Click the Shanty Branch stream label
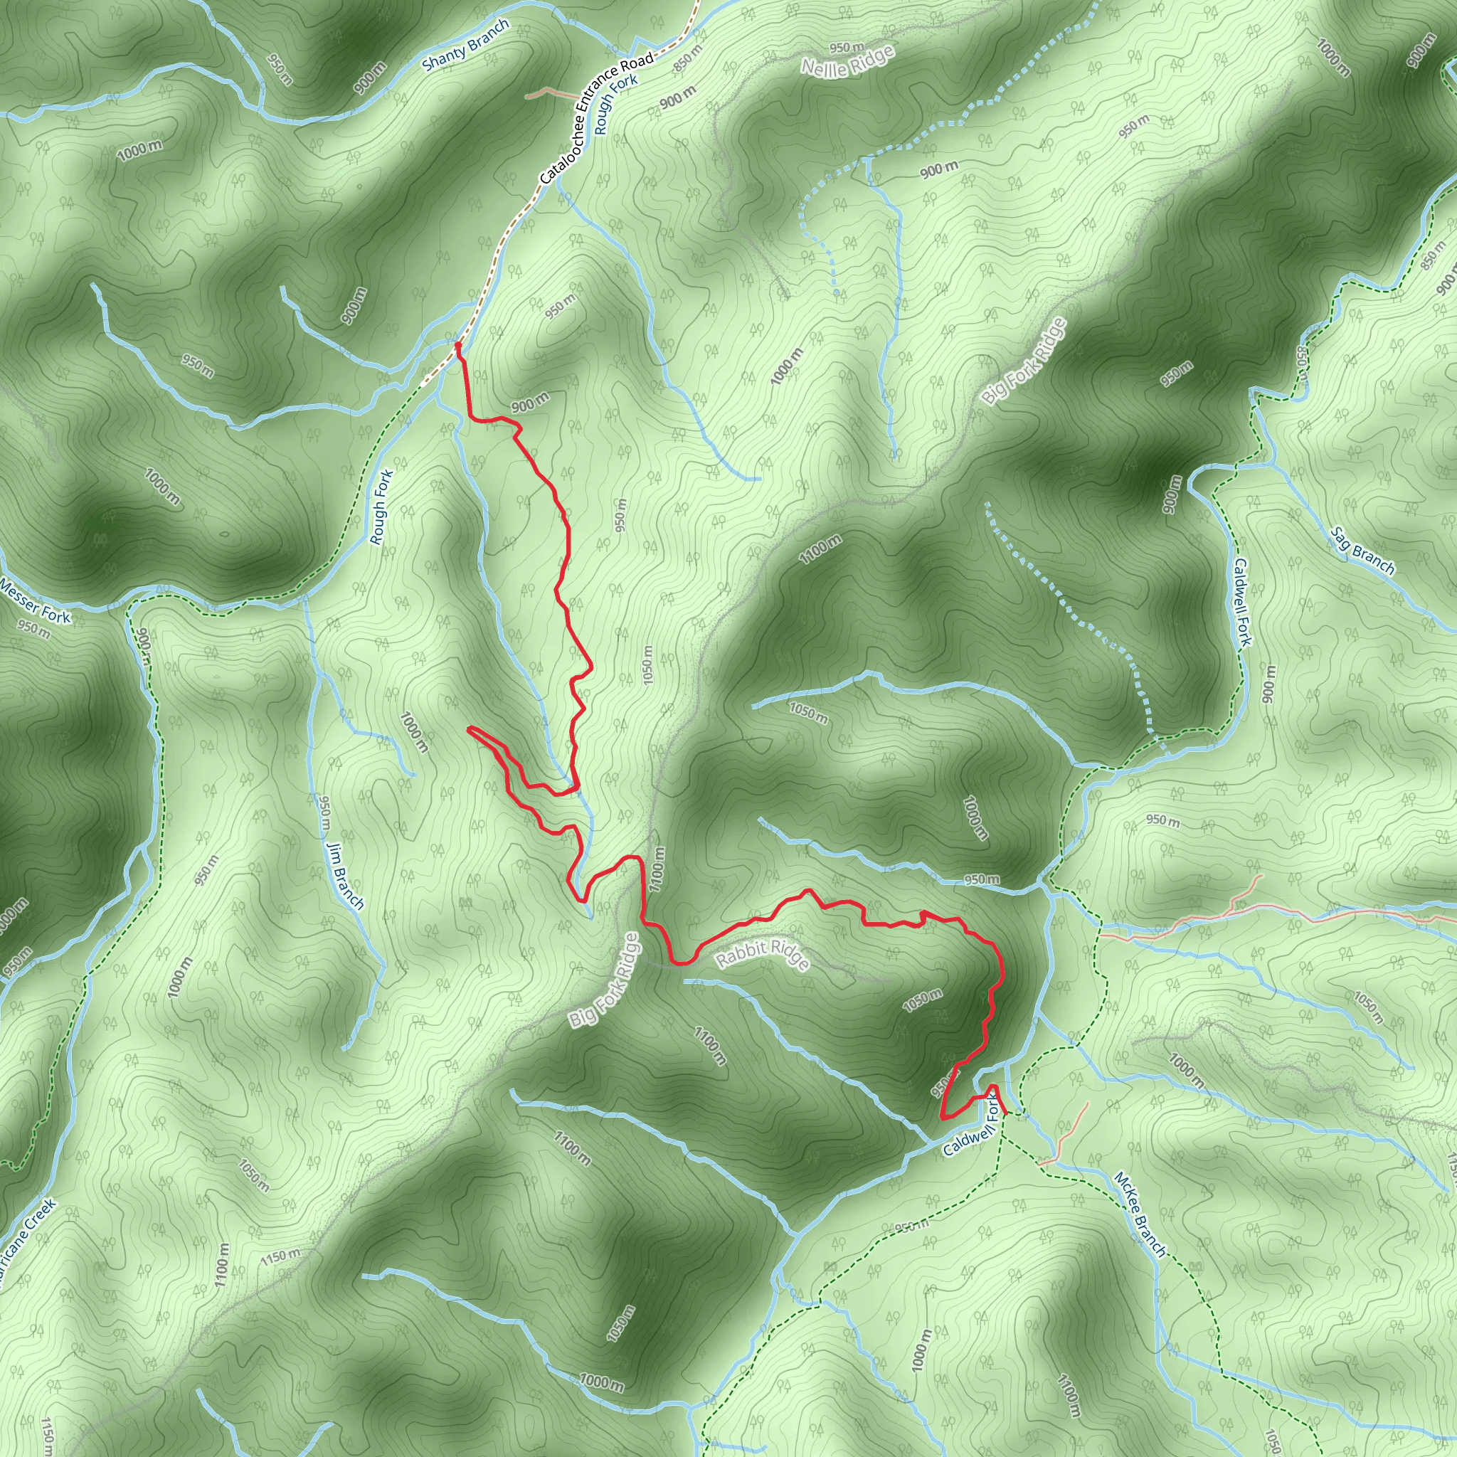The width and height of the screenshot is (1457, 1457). tap(465, 45)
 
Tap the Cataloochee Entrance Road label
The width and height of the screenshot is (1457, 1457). tap(596, 119)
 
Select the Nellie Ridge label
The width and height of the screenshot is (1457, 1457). tap(847, 60)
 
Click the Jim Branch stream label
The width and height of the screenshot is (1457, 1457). tap(345, 876)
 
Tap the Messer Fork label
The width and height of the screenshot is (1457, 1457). tap(36, 601)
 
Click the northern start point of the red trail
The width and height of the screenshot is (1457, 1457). tap(457, 345)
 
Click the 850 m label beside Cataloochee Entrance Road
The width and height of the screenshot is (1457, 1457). tap(687, 59)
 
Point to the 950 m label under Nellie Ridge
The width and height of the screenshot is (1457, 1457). tap(846, 48)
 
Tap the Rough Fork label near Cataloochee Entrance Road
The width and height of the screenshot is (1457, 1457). tap(615, 104)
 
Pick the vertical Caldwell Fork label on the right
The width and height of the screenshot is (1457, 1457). tap(1242, 602)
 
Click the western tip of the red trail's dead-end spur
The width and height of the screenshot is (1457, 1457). tap(469, 729)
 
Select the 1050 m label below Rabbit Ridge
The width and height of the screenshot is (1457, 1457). tap(922, 1000)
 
